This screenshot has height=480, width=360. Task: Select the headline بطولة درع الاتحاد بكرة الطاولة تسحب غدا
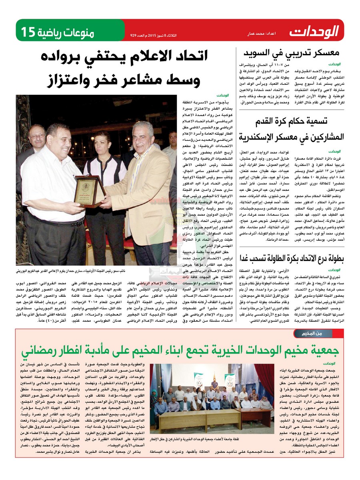pyautogui.click(x=292, y=258)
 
